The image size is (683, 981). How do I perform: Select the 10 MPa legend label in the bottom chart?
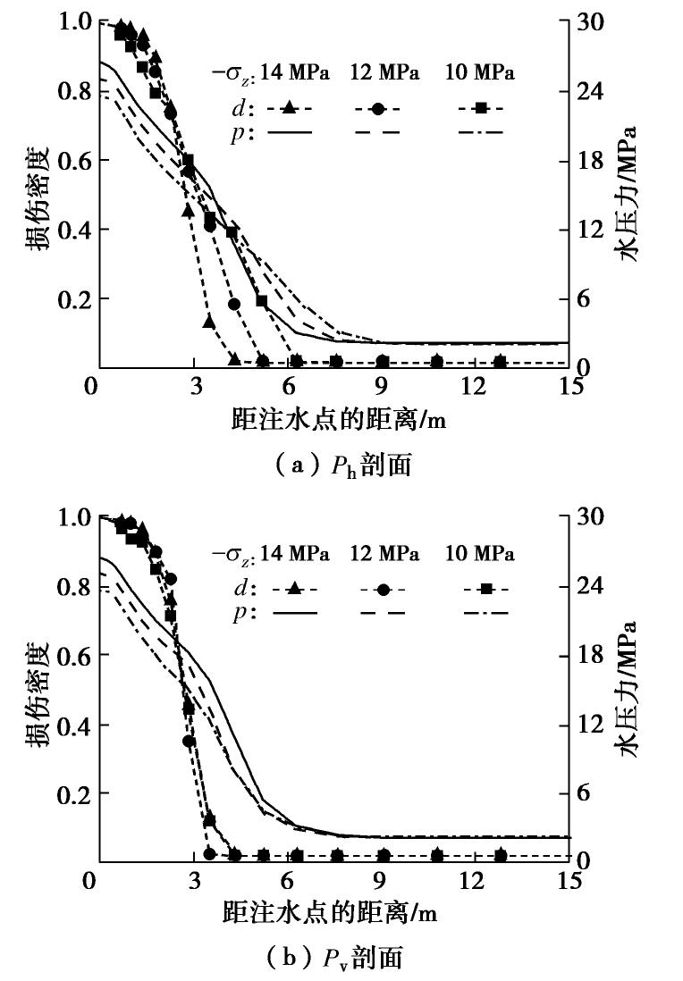pos(480,554)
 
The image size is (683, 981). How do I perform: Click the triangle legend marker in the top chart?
pos(288,108)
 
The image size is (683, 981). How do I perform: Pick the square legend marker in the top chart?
pos(480,108)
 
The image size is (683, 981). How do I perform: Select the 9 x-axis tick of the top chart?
pos(381,386)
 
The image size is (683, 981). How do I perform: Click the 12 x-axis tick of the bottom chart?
pos(475,881)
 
